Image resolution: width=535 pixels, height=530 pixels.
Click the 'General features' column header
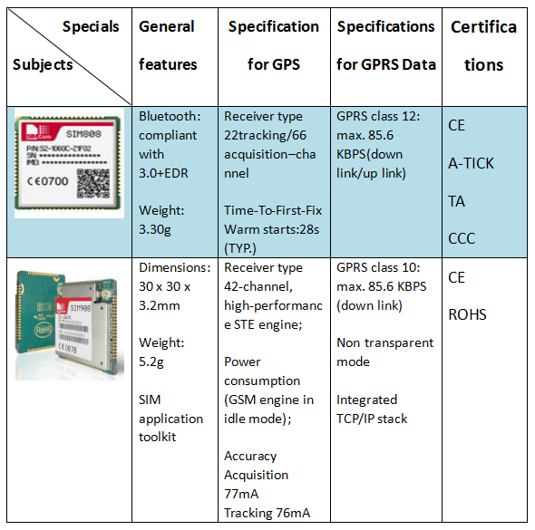pos(168,45)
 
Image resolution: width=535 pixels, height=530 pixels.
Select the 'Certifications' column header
pos(484,45)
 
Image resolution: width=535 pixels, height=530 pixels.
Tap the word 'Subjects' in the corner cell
pos(43,64)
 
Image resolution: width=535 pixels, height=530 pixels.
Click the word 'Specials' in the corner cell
pos(91,26)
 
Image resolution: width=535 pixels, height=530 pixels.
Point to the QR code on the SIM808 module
pos(93,183)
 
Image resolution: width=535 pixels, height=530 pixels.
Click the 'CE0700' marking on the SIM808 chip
pos(48,181)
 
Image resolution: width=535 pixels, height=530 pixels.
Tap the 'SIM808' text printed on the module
pos(83,134)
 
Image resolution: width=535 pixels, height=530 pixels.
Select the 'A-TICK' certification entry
pos(471,163)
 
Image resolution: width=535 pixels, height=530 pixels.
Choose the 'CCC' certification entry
pos(462,238)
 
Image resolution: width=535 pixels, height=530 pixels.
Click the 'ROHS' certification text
pos(467,314)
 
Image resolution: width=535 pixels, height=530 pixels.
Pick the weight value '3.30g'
pos(154,230)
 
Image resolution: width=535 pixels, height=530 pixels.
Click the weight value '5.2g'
pos(151,362)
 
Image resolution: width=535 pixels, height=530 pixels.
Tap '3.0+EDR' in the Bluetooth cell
pos(163,173)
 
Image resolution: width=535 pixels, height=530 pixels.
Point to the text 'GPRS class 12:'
pos(378,117)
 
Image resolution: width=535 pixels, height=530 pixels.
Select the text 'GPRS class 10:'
pos(378,267)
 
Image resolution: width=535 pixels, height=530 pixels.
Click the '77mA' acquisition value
pos(241,494)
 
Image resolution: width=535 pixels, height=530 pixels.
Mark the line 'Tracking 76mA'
pos(267,513)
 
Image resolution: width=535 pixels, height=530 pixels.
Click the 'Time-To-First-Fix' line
pos(273,210)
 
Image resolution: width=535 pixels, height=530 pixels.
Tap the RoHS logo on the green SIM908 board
pos(44,330)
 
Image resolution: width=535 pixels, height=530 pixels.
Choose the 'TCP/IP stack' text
pos(372,419)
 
